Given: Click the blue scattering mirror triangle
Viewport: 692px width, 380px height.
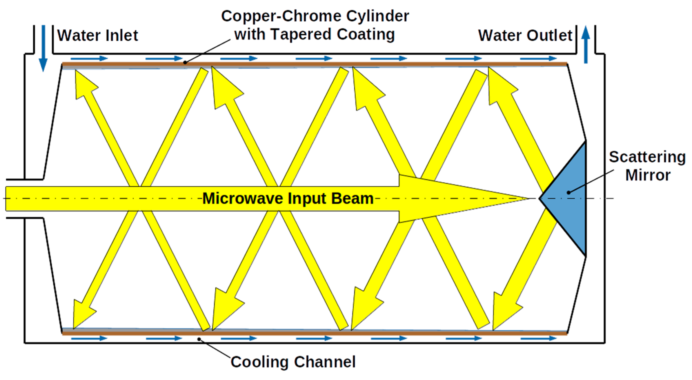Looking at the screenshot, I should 569,199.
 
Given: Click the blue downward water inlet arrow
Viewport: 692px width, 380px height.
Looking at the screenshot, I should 43,48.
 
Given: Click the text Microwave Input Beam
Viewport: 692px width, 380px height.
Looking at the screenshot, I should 288,199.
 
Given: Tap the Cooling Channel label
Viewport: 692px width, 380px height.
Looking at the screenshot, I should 293,362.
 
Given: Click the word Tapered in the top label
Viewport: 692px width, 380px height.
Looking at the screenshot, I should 301,34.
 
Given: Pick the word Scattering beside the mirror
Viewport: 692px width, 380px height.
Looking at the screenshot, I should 647,157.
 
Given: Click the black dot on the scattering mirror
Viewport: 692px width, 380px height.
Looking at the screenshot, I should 568,192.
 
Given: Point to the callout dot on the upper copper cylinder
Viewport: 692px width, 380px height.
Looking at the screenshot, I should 185,63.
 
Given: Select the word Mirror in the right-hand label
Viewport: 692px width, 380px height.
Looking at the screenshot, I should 648,175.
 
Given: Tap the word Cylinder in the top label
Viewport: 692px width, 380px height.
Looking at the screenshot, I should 378,16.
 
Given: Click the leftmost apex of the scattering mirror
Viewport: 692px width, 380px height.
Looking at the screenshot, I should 539,199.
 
